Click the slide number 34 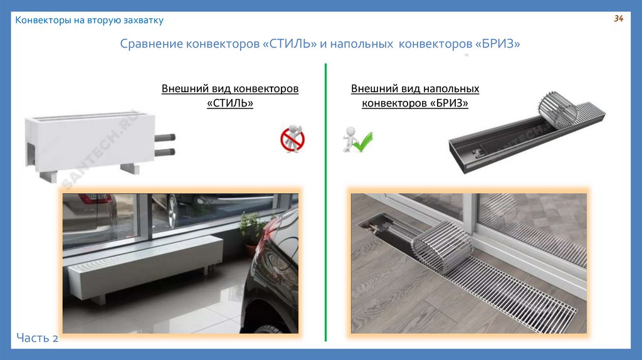(618, 19)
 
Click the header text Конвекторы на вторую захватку (89, 20)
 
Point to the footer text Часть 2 (37, 338)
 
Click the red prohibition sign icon (292, 139)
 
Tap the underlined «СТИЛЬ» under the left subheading (229, 103)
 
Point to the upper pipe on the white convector (166, 137)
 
